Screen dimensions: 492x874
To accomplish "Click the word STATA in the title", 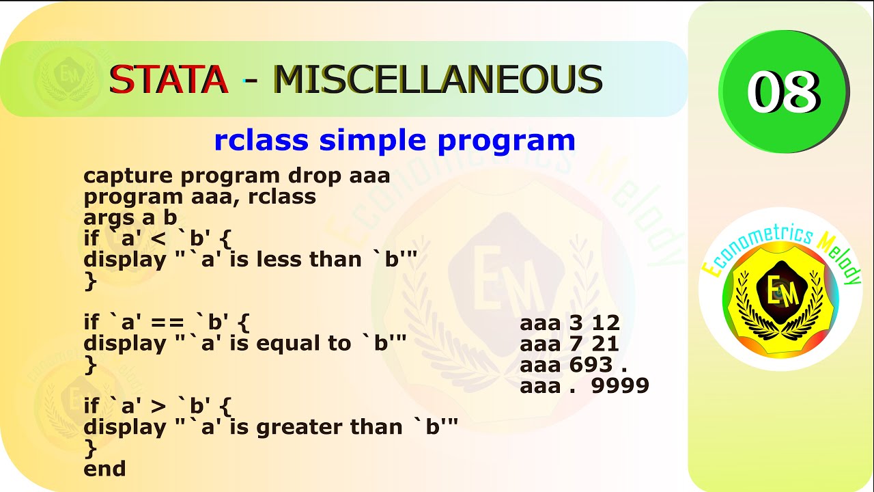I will (x=169, y=79).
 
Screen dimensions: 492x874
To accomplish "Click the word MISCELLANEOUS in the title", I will (x=438, y=79).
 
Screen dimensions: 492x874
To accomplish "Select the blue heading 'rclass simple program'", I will (x=395, y=141).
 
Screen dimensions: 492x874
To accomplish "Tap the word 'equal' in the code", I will (x=286, y=343).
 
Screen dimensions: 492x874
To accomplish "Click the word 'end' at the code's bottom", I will (x=104, y=469).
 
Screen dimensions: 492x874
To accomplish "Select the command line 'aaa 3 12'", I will (x=569, y=323).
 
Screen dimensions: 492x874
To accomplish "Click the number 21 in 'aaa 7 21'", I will (x=606, y=344).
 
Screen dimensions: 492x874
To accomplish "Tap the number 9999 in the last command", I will (x=620, y=386).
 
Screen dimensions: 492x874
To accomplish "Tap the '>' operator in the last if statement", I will (x=158, y=407).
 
